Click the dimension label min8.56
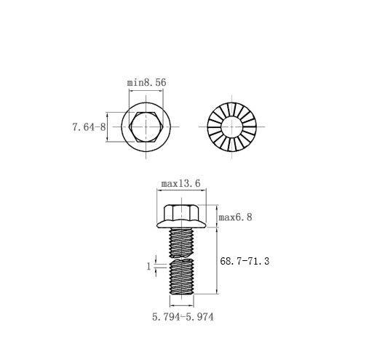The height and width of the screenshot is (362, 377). pyautogui.click(x=147, y=82)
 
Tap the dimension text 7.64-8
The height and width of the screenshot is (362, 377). pyautogui.click(x=89, y=127)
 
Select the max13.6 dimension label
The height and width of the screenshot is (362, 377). pyautogui.click(x=181, y=183)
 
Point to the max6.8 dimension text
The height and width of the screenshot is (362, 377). pyautogui.click(x=235, y=217)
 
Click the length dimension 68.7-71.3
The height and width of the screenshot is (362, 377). pyautogui.click(x=245, y=261)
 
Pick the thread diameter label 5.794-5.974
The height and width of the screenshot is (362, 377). pyautogui.click(x=183, y=317)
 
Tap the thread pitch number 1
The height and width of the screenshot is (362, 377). pyautogui.click(x=148, y=267)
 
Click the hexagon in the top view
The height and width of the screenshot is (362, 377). pyautogui.click(x=146, y=126)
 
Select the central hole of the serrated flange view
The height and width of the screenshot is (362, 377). pyautogui.click(x=232, y=126)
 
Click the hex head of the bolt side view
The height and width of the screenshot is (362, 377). pyautogui.click(x=181, y=213)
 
